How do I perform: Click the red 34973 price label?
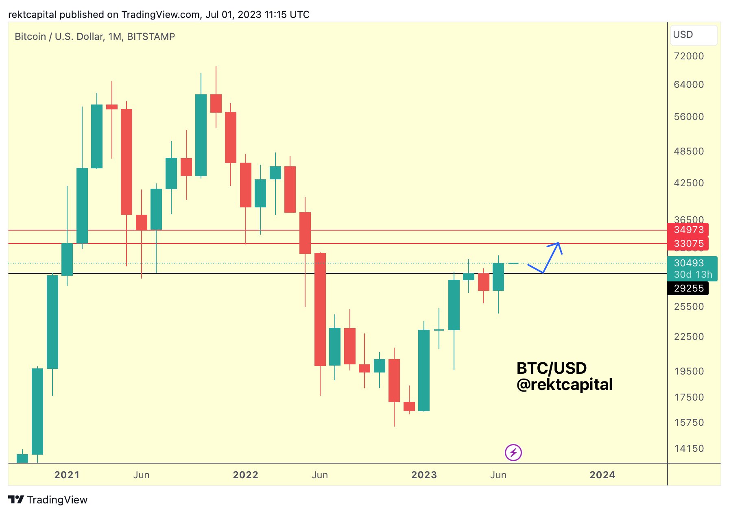point(688,230)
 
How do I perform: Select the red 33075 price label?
point(688,244)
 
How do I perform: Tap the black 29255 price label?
point(688,288)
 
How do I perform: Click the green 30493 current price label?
point(688,263)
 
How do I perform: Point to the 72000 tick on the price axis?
point(689,56)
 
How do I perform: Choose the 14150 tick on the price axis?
point(689,449)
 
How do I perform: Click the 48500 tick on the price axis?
point(689,151)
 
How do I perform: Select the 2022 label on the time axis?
point(245,475)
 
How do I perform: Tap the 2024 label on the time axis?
point(602,475)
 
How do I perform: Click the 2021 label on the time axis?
point(67,475)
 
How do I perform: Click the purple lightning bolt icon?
point(513,453)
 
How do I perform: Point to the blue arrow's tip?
point(559,243)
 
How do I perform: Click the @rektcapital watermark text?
point(564,385)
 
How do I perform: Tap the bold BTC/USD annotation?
point(551,368)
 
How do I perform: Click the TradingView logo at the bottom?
point(48,500)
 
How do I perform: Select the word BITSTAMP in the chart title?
point(151,37)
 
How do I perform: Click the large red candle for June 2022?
point(320,309)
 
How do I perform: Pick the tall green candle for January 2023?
point(424,370)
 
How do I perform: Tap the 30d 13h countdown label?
point(693,274)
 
